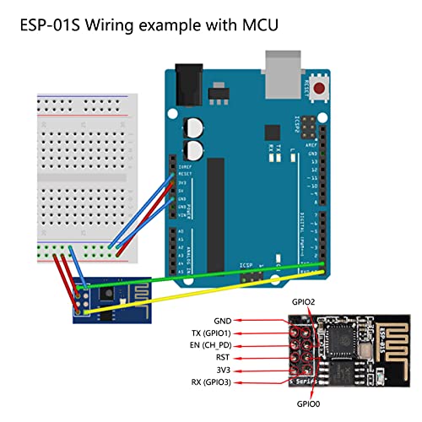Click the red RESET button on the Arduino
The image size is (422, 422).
tap(319, 87)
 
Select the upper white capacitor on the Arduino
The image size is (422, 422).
tap(194, 127)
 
